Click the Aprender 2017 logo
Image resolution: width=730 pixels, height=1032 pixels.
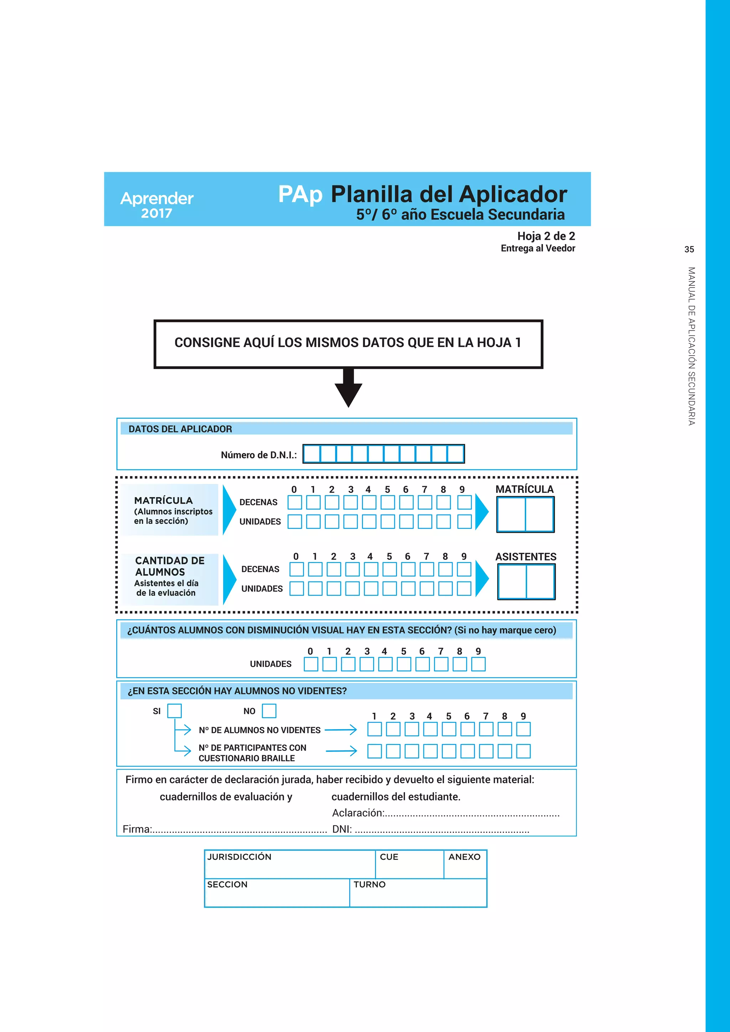156,205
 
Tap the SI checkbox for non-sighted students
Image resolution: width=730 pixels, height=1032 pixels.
174,711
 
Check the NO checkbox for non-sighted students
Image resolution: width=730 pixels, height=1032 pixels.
269,711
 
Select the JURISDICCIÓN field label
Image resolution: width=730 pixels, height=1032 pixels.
239,857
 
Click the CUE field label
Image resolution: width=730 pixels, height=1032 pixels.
389,857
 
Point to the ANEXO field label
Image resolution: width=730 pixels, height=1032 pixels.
464,857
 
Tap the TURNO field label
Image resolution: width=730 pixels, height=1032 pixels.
370,884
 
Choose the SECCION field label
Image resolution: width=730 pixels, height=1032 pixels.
227,884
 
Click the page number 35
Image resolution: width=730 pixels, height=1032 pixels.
689,249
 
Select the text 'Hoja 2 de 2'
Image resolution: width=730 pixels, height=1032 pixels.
546,236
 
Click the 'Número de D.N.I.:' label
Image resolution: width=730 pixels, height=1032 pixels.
258,455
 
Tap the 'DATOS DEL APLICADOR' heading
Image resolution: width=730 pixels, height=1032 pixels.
180,429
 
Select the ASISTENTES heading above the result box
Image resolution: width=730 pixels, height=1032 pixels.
525,557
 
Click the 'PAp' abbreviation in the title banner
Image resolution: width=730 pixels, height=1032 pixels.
300,194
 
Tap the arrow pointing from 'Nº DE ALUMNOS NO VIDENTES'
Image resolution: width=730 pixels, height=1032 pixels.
341,730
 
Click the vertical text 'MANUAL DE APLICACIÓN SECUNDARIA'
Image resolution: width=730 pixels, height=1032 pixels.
692,346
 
